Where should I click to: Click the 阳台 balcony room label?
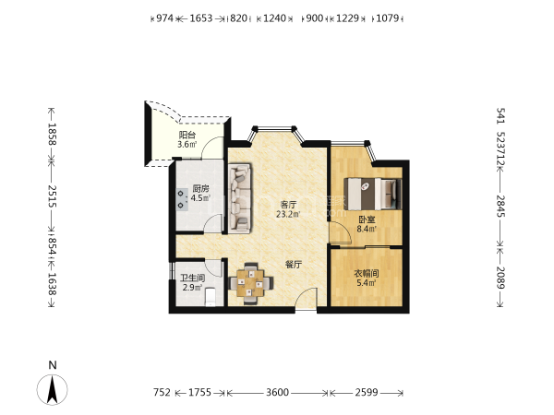click(x=187, y=135)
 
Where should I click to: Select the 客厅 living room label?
click(x=288, y=205)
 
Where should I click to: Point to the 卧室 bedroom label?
click(x=367, y=219)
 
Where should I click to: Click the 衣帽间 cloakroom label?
click(x=367, y=273)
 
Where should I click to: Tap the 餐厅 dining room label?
click(x=294, y=265)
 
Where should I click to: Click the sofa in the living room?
click(x=240, y=198)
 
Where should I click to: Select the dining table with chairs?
click(x=251, y=283)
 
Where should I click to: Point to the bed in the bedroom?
click(x=373, y=194)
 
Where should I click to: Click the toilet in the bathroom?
click(x=211, y=296)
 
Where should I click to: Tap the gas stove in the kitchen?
click(x=182, y=199)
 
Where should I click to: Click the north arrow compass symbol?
click(x=53, y=389)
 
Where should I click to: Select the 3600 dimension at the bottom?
click(x=277, y=392)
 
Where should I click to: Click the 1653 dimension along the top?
click(x=201, y=18)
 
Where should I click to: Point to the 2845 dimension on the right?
click(x=501, y=206)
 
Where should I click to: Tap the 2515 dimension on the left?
click(x=53, y=196)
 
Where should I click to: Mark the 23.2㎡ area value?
click(x=288, y=214)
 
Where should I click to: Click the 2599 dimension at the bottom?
click(x=367, y=392)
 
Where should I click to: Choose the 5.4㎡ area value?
click(x=367, y=282)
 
